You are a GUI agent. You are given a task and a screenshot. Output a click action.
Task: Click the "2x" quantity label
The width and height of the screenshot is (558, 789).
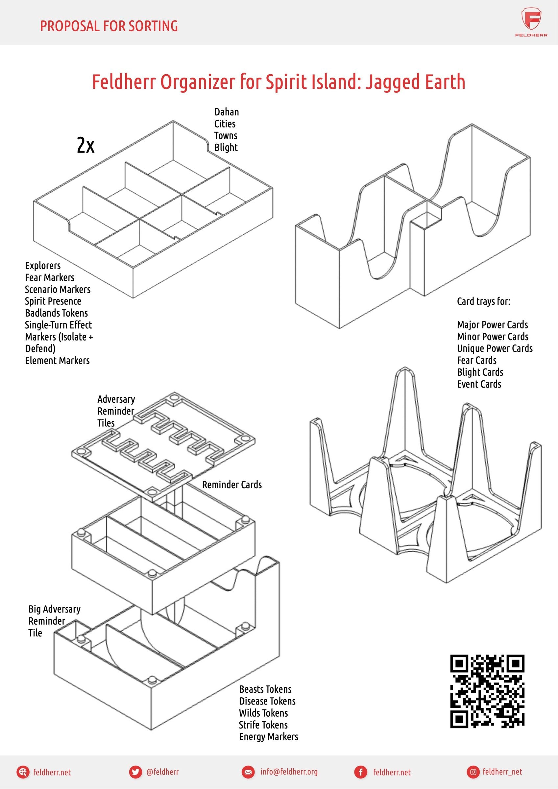(85, 145)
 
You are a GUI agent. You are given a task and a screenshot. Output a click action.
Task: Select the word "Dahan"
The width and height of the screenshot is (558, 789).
(226, 112)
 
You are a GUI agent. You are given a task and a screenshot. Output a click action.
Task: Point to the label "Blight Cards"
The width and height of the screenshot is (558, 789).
(480, 372)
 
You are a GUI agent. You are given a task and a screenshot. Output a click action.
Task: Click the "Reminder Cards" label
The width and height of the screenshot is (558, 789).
(232, 485)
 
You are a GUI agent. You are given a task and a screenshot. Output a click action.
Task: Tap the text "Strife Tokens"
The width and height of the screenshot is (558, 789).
(263, 725)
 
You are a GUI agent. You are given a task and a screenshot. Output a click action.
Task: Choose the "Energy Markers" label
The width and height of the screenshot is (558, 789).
(269, 736)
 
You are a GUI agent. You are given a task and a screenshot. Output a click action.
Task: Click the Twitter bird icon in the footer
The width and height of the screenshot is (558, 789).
(135, 772)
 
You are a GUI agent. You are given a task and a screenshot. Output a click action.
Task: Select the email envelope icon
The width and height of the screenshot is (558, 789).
(248, 772)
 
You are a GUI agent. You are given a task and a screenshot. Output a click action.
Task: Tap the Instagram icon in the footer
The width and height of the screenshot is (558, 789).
(473, 772)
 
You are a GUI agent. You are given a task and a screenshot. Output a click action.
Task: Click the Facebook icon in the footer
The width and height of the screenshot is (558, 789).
(361, 772)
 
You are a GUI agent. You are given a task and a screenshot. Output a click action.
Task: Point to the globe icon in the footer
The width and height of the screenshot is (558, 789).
(23, 772)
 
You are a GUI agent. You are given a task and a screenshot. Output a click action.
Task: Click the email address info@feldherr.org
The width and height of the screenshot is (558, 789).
(289, 772)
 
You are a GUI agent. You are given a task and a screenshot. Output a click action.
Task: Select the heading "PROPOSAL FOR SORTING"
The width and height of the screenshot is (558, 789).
(109, 26)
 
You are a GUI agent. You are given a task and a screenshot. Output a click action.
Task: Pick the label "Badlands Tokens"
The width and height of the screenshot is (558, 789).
(56, 313)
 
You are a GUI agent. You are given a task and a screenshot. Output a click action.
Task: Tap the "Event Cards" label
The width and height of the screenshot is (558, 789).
(479, 384)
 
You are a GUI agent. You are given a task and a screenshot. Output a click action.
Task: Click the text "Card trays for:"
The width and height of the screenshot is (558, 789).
(483, 301)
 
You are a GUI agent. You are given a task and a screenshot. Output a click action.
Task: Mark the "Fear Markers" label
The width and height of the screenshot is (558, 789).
(50, 277)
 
